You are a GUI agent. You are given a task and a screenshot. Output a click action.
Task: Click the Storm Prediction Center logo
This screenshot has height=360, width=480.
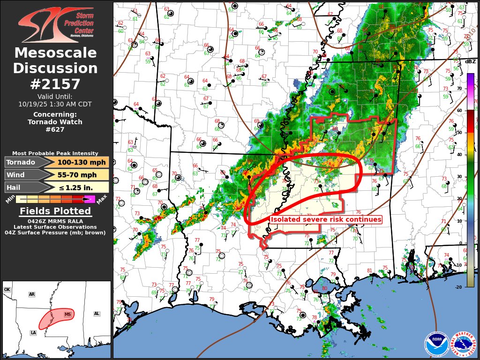point(56,25)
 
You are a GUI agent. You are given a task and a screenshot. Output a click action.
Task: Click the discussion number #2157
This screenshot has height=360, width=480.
point(55,84)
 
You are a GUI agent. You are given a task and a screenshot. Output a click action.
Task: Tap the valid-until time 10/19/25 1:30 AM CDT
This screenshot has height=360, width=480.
point(55,104)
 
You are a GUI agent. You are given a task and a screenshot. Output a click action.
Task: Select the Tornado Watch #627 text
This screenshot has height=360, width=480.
point(55,126)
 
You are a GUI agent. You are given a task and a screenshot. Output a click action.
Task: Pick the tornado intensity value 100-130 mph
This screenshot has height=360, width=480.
point(78,162)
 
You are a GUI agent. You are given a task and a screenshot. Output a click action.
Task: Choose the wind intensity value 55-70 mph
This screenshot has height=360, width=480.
point(78,175)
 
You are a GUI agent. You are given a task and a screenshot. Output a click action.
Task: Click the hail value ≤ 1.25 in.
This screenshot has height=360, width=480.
point(78,187)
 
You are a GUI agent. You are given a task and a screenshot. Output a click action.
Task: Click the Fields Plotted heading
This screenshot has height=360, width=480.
point(55,211)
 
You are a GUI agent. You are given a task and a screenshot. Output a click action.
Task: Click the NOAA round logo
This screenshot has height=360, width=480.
point(436,344)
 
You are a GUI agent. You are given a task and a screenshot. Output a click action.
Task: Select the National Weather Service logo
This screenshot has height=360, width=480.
point(462,344)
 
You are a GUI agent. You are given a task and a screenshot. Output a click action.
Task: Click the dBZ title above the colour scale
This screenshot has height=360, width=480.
point(470,62)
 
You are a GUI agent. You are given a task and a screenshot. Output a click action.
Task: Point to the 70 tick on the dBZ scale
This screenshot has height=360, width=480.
point(472,88)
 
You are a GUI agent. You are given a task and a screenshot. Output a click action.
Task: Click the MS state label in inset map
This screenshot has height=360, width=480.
point(68,314)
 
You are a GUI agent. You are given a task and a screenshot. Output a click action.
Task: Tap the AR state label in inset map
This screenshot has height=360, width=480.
point(32,294)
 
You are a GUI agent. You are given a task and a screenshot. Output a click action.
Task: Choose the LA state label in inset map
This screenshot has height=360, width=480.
point(33,333)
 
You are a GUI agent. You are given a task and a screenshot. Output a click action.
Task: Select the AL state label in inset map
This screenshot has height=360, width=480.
point(97,314)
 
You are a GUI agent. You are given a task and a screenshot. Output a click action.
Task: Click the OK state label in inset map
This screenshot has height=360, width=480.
point(7,290)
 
